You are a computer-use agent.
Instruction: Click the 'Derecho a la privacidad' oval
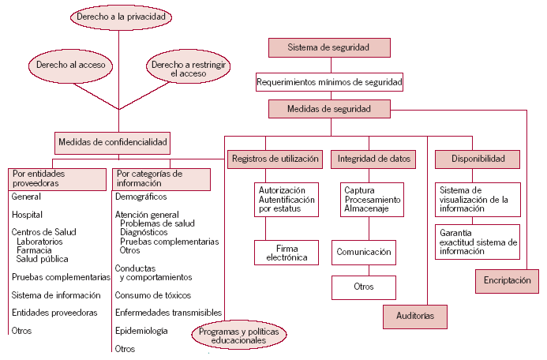coord(121,17)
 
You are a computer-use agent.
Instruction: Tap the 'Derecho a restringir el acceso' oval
coord(187,69)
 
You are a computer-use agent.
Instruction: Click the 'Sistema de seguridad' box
coord(328,47)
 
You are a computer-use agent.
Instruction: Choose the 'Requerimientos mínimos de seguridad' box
coord(329,81)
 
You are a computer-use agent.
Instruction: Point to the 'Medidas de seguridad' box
coord(328,108)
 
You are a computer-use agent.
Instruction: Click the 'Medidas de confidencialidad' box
coord(113,143)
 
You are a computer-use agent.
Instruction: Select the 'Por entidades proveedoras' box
coord(57,178)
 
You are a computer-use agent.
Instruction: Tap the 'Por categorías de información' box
coord(162,178)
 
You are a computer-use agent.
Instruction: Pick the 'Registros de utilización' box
coord(275,159)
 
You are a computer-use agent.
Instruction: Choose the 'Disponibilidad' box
coord(478,159)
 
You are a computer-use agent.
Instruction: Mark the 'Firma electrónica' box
coord(287,253)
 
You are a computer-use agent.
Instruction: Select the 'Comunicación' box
coord(363,253)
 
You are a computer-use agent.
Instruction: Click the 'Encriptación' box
coord(508,280)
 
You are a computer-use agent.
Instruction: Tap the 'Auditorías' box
coord(414,316)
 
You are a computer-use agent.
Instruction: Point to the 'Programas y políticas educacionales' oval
coord(239,336)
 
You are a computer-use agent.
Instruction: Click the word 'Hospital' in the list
coord(27,215)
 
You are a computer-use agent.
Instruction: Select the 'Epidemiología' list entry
coord(141,332)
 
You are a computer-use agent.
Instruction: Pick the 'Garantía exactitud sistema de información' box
coord(478,242)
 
